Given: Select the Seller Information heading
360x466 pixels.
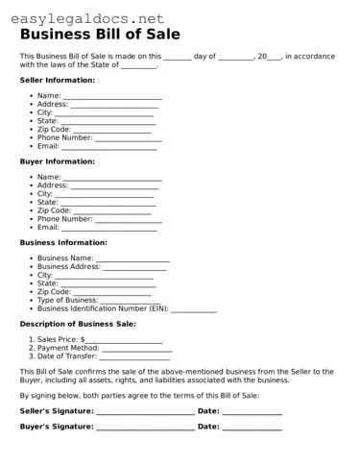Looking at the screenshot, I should [x=58, y=80].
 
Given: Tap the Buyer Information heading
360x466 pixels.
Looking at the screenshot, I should [x=58, y=161].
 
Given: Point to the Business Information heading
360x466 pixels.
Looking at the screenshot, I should [x=63, y=242].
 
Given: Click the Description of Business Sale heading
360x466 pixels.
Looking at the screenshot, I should [x=78, y=324].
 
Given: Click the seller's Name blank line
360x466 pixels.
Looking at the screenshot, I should [x=112, y=97].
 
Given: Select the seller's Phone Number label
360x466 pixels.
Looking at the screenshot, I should [x=65, y=137].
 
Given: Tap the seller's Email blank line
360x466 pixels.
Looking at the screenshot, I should [x=108, y=146].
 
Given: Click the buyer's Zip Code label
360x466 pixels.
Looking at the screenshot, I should [x=54, y=210].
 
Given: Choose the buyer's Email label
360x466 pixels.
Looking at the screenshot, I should [x=48, y=228].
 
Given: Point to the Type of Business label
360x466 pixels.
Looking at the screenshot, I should [x=67, y=300].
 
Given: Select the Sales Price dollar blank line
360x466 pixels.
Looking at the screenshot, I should [x=124, y=340].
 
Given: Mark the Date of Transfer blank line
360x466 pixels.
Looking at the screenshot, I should [x=135, y=356].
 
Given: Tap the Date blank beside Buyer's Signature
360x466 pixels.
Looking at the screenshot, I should [x=252, y=426].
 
